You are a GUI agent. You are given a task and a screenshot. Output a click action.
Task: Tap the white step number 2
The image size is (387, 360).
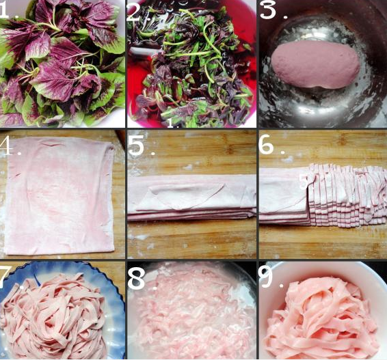tap(135, 12)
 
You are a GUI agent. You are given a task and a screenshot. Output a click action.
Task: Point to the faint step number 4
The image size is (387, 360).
tap(7, 146)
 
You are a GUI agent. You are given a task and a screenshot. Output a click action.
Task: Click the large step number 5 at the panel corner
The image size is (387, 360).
tap(136, 147)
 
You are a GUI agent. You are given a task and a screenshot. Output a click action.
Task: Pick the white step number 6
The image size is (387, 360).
tap(267, 146)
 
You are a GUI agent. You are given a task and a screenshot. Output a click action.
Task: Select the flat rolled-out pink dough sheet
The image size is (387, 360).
tap(59, 196)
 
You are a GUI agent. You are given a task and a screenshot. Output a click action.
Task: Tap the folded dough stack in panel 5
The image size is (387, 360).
tap(191, 197)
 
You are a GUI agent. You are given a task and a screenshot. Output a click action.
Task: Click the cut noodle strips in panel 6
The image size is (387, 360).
tap(347, 195)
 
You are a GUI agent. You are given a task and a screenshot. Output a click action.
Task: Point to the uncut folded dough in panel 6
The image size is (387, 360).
tap(284, 196)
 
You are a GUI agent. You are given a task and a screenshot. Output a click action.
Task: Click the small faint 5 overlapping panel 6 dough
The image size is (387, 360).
tap(304, 182)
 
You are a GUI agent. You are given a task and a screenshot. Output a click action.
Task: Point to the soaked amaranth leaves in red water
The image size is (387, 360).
tap(191, 66)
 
